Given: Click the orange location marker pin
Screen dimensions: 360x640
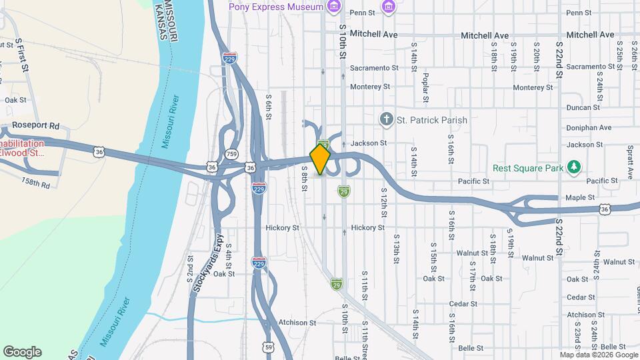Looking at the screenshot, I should click(x=321, y=159).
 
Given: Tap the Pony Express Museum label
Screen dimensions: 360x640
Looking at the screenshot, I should click(x=276, y=7).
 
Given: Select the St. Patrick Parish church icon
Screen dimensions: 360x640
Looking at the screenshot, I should click(x=385, y=120).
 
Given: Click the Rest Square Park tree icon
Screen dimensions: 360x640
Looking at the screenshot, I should click(x=573, y=167).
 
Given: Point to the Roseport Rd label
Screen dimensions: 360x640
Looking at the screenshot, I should click(x=36, y=125).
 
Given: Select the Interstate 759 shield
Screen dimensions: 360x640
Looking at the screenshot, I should click(x=232, y=153).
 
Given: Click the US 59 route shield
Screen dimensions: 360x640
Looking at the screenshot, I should click(x=269, y=347).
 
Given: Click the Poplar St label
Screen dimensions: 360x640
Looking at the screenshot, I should click(x=425, y=87).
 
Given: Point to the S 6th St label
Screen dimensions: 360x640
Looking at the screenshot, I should click(x=269, y=107).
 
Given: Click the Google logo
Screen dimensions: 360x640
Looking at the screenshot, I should click(x=22, y=352).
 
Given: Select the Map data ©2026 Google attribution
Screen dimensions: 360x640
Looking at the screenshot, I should click(x=599, y=355).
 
